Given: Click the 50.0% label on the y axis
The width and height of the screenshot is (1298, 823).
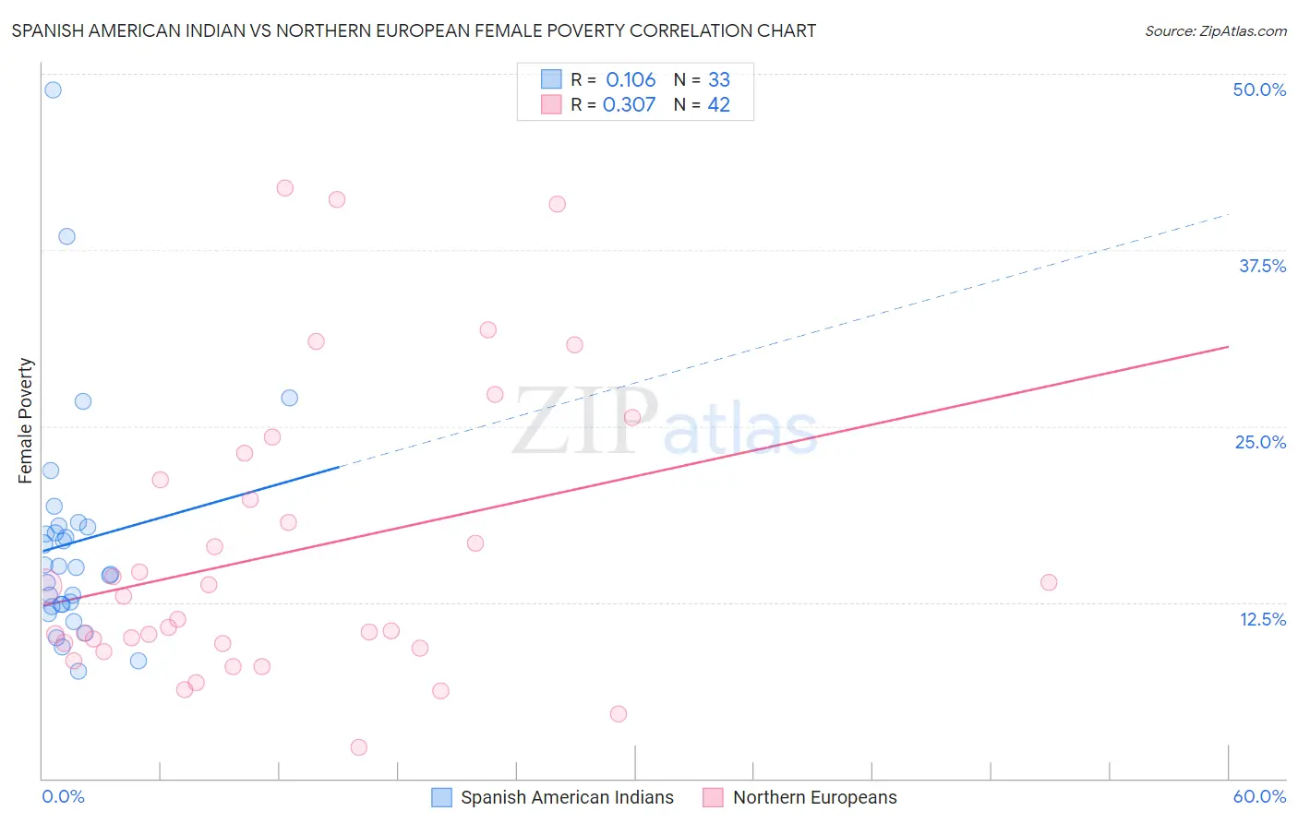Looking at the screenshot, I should pyautogui.click(x=1258, y=89).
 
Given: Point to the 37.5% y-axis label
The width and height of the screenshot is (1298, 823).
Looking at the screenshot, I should pyautogui.click(x=1261, y=266).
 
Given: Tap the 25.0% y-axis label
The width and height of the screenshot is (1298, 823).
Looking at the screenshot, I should pyautogui.click(x=1259, y=442).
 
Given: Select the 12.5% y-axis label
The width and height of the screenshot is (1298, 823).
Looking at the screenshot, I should pyautogui.click(x=1262, y=619).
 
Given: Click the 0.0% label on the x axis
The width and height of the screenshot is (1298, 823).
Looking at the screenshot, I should pyautogui.click(x=63, y=796).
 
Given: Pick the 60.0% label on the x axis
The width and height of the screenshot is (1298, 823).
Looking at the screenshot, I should pyautogui.click(x=1258, y=796).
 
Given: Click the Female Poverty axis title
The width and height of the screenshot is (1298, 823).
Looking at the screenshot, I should pyautogui.click(x=26, y=421).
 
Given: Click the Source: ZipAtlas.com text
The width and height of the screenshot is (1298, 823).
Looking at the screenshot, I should pyautogui.click(x=1215, y=30).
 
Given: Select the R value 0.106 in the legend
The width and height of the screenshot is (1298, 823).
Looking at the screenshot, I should pyautogui.click(x=631, y=80).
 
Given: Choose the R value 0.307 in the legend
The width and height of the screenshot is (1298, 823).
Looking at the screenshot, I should pyautogui.click(x=629, y=105).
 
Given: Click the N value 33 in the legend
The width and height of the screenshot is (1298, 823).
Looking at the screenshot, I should pyautogui.click(x=718, y=80).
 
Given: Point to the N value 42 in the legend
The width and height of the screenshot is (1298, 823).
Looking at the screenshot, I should pyautogui.click(x=718, y=105).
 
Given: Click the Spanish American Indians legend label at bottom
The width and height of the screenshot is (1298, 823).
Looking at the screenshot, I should pyautogui.click(x=567, y=797).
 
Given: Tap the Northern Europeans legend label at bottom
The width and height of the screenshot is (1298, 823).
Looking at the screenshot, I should pyautogui.click(x=814, y=797).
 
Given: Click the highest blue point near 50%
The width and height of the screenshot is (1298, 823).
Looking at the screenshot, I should pyautogui.click(x=53, y=89).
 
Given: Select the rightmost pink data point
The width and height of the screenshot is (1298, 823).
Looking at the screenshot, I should pyautogui.click(x=1049, y=582).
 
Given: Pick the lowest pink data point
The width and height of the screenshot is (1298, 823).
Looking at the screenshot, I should pyautogui.click(x=359, y=747).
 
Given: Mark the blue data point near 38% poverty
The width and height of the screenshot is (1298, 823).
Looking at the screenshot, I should pyautogui.click(x=66, y=236).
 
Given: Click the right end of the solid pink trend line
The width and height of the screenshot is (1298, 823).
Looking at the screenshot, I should pyautogui.click(x=1228, y=346).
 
